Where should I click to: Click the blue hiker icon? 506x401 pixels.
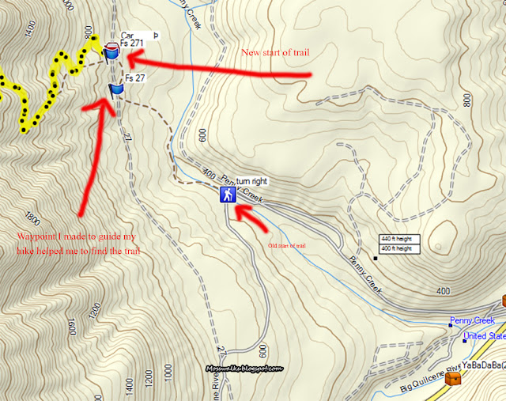coord(228,195)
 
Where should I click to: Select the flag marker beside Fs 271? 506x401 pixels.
coord(111,53)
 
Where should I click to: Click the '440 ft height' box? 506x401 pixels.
coord(400,239)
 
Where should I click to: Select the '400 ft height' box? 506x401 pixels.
coord(400,248)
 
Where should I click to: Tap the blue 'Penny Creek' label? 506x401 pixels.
coord(472,320)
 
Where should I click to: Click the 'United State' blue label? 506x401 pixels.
coord(485,336)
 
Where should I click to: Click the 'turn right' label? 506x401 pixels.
coord(252,181)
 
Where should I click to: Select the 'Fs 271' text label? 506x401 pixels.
coord(132,44)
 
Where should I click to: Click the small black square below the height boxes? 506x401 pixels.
coord(377,258)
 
